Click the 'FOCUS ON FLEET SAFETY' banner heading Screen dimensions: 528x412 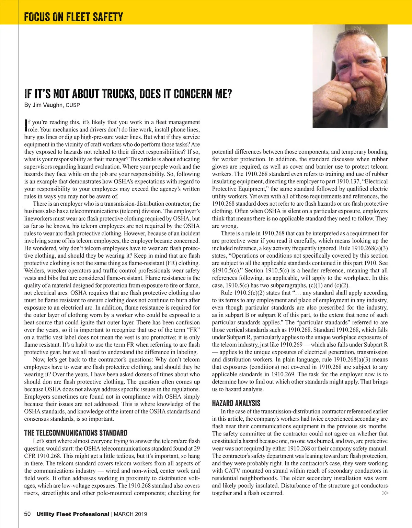point(73,17)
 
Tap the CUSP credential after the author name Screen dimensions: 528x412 point(73,105)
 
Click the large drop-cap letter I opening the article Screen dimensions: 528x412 point(26,126)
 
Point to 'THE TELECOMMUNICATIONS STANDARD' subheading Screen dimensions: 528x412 point(76,433)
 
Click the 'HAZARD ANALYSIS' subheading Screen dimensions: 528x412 point(236,403)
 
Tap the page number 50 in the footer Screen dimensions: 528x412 point(27,514)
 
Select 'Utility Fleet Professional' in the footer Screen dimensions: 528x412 point(73,514)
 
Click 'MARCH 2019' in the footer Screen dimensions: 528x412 point(130,514)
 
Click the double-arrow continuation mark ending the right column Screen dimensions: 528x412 point(385,493)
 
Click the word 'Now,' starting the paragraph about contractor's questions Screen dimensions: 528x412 point(39,359)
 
